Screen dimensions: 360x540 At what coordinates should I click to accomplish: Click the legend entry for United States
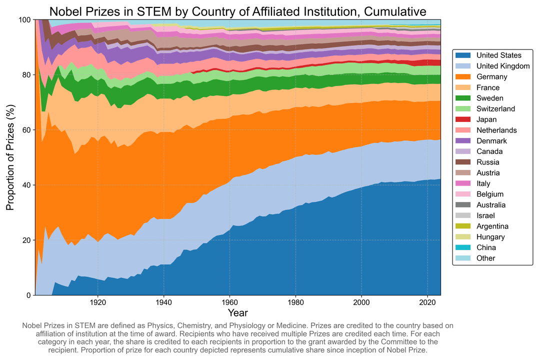499,55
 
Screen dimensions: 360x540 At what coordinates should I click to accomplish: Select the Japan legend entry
486,119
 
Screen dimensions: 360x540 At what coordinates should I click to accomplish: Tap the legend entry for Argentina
493,226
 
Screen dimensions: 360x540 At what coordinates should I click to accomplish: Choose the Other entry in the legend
485,258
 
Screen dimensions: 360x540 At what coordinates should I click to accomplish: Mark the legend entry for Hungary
490,237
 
